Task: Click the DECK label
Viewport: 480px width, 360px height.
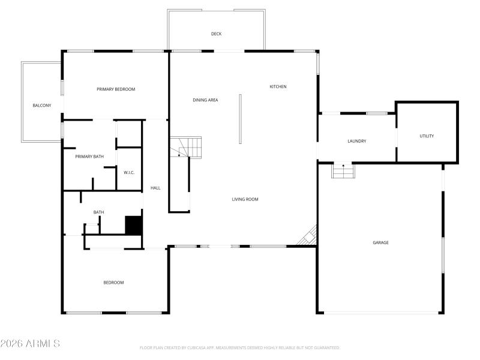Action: (216, 34)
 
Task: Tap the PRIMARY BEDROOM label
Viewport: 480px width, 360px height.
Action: (116, 89)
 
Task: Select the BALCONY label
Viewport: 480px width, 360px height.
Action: (41, 106)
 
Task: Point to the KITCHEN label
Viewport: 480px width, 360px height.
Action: (278, 86)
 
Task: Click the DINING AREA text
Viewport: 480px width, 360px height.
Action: (205, 100)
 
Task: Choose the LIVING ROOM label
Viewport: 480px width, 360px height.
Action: (245, 199)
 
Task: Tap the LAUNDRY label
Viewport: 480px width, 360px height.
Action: (356, 141)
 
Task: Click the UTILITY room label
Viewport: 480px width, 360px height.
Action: (427, 136)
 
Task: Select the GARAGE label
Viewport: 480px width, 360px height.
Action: (380, 242)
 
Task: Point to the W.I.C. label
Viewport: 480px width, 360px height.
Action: (129, 173)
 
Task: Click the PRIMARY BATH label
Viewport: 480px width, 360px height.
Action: (89, 157)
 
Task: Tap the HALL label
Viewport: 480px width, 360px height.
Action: (155, 188)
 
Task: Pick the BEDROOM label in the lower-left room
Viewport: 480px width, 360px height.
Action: (113, 283)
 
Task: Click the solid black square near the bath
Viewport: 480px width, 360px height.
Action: (133, 225)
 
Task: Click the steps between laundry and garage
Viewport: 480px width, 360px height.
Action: (343, 172)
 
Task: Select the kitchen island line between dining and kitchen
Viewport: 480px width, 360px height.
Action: (240, 118)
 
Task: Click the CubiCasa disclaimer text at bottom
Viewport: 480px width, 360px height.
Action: (240, 347)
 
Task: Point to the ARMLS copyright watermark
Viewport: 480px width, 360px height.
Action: (30, 344)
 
